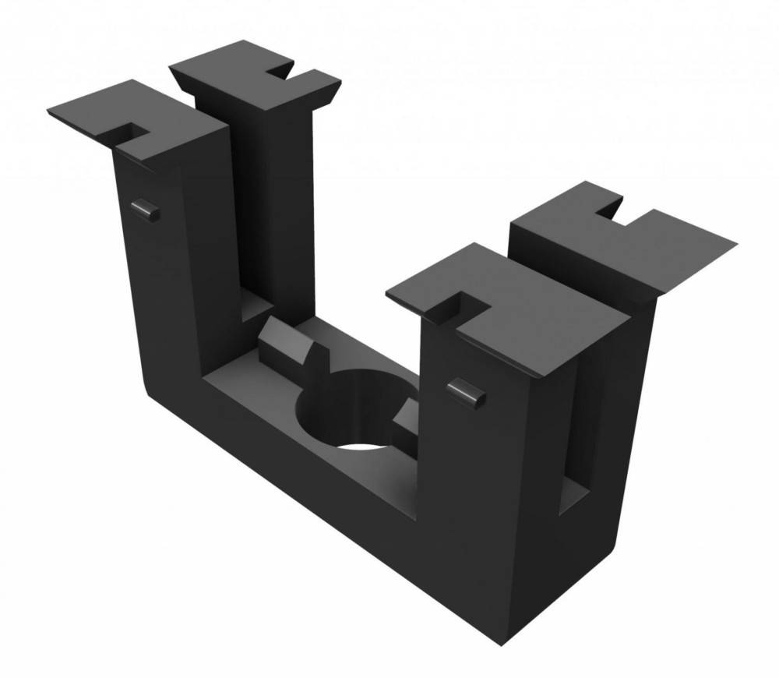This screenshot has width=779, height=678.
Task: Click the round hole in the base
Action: click(x=351, y=413)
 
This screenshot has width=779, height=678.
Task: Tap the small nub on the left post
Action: click(x=145, y=209)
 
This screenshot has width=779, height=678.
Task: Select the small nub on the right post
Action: click(x=467, y=392)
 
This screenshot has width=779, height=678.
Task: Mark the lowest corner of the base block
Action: click(x=495, y=643)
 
